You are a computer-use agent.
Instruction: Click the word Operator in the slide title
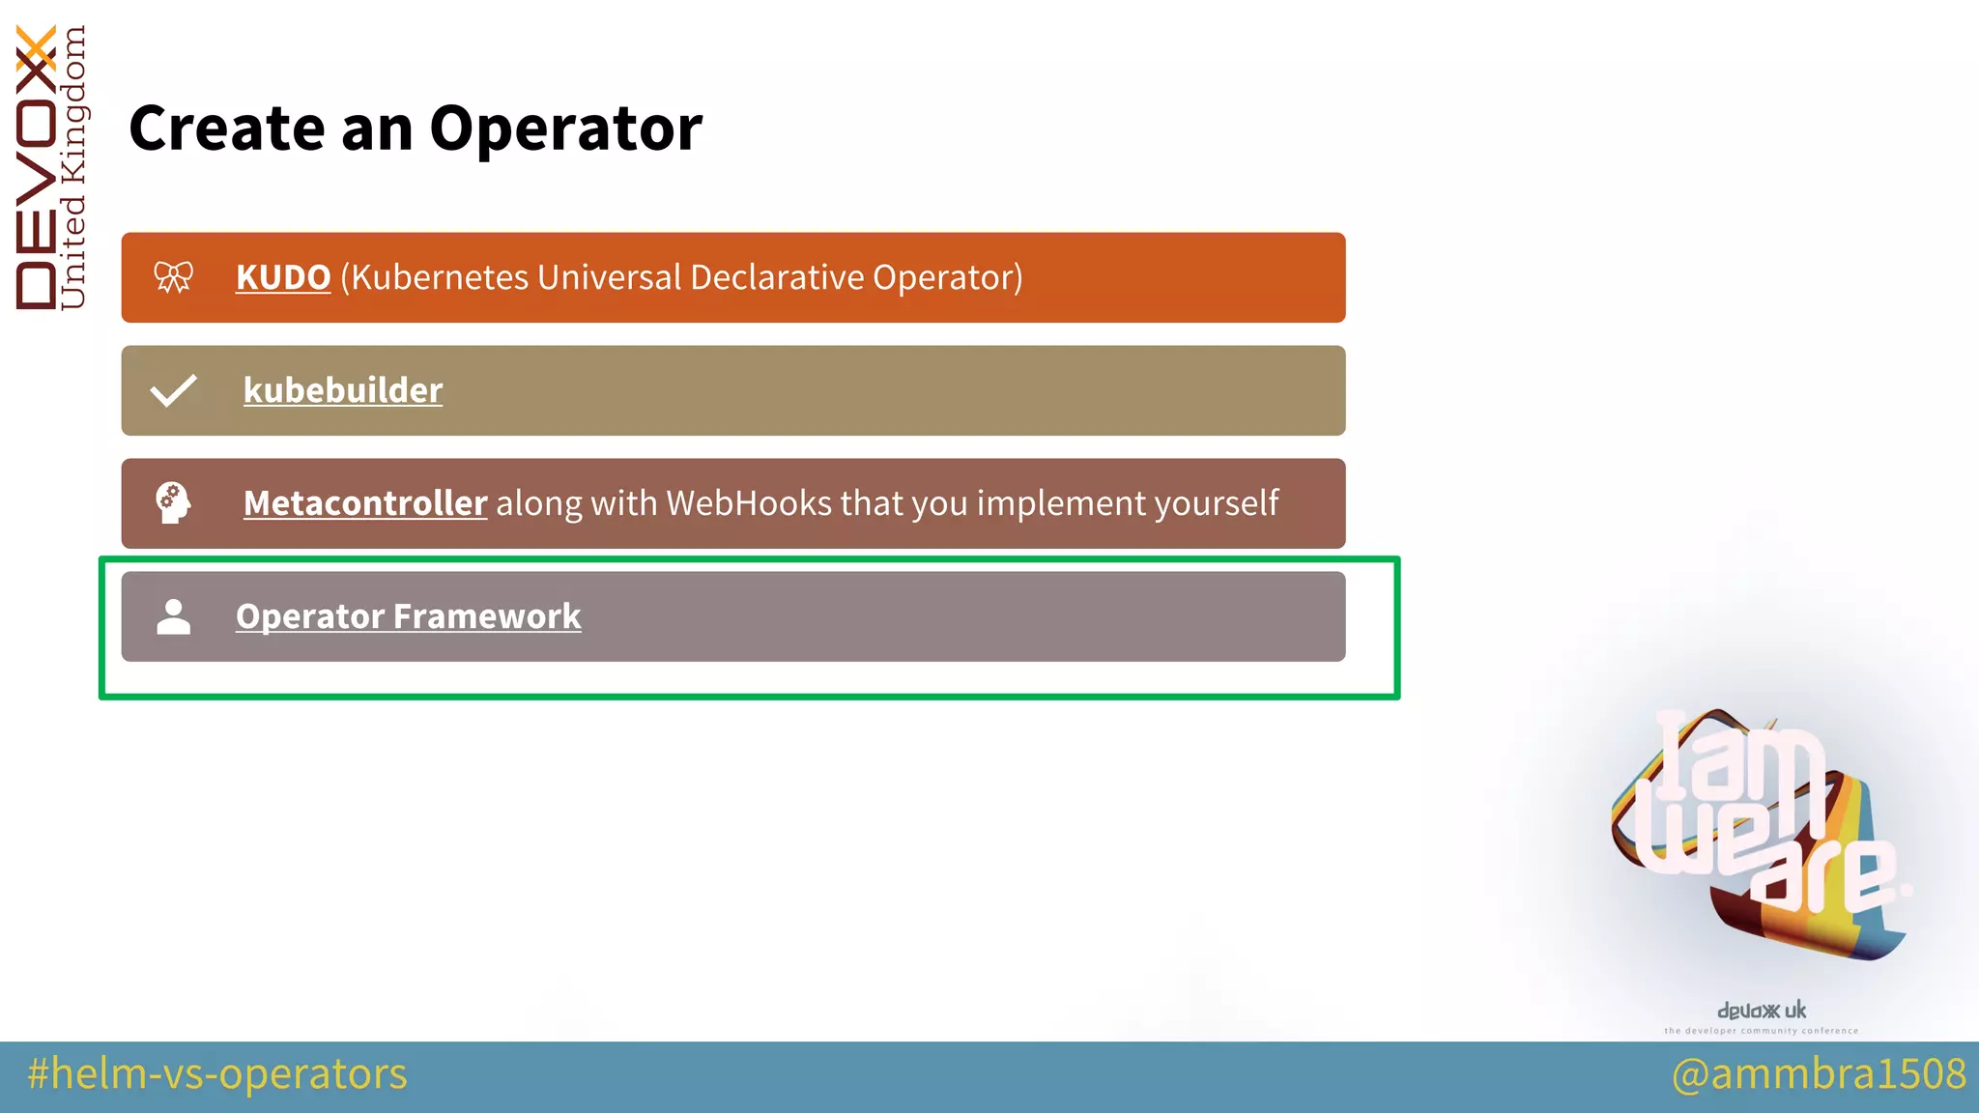pyautogui.click(x=565, y=129)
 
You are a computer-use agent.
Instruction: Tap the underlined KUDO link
pyautogui.click(x=283, y=278)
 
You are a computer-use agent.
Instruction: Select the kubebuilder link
pyautogui.click(x=343, y=390)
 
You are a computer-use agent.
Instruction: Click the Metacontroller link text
pyautogui.click(x=365, y=503)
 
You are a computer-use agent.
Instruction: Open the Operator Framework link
pyautogui.click(x=408, y=616)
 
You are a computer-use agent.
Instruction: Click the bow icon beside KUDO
pyautogui.click(x=174, y=277)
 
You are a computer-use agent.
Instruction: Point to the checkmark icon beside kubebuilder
pyautogui.click(x=174, y=390)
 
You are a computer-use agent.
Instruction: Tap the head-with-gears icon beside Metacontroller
pyautogui.click(x=174, y=503)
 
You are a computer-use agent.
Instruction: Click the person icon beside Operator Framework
pyautogui.click(x=174, y=616)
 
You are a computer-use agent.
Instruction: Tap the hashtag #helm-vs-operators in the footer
pyautogui.click(x=217, y=1074)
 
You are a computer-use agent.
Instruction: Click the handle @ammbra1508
pyautogui.click(x=1819, y=1074)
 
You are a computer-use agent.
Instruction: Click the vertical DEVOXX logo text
pyautogui.click(x=37, y=169)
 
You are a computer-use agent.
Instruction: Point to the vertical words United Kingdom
pyautogui.click(x=73, y=169)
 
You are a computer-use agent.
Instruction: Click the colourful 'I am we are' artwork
pyautogui.click(x=1759, y=836)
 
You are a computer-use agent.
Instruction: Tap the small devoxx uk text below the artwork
pyautogui.click(x=1761, y=1011)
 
